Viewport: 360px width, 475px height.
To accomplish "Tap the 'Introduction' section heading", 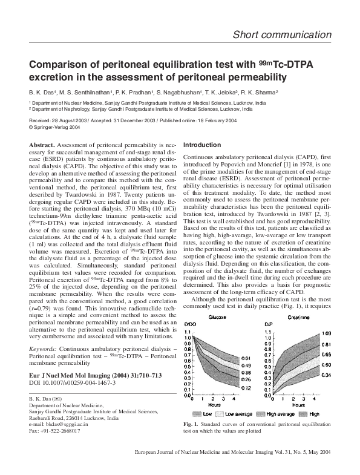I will (x=202, y=145).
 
